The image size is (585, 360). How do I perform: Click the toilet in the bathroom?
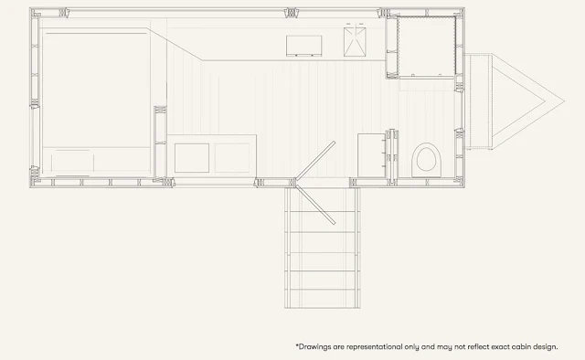click(427, 160)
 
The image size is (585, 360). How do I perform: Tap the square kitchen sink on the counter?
click(355, 42)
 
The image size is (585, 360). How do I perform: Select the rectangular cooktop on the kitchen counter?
click(304, 46)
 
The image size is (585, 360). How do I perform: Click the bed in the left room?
click(96, 101)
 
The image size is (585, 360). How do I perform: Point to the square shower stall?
click(427, 47)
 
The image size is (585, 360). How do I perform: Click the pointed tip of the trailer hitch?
click(564, 101)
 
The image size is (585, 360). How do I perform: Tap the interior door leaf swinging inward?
click(315, 161)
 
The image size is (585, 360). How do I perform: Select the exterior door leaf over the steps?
click(315, 205)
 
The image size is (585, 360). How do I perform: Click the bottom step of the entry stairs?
click(323, 299)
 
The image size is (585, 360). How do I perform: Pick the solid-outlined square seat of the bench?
click(192, 158)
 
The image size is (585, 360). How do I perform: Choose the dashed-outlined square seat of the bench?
click(232, 158)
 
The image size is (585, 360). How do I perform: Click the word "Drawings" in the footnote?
click(310, 347)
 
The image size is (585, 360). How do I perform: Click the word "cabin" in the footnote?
click(521, 347)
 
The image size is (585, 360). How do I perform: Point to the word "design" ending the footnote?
click(545, 347)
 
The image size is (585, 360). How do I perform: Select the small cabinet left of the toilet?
click(372, 155)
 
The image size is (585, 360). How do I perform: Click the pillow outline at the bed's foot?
click(73, 163)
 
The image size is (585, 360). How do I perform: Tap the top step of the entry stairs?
click(323, 200)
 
